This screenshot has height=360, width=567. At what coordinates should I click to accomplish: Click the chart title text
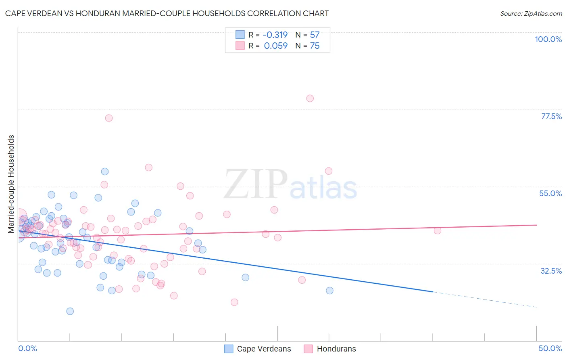click(x=167, y=13)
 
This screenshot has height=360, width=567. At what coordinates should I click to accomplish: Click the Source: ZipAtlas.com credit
click(x=531, y=13)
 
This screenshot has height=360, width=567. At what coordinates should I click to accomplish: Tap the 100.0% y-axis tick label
click(x=548, y=39)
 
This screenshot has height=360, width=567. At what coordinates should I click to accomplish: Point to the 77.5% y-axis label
click(x=551, y=116)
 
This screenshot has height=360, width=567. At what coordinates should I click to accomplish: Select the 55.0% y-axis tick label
click(x=550, y=193)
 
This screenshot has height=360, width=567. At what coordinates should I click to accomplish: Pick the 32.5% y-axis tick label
click(x=551, y=271)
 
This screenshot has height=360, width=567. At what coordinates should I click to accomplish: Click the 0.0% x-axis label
click(x=27, y=348)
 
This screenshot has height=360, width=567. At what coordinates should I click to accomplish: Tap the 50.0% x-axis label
click(x=550, y=348)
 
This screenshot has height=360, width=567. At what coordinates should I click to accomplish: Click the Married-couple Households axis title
click(x=11, y=184)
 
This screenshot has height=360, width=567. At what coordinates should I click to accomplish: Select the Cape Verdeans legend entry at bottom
click(x=264, y=349)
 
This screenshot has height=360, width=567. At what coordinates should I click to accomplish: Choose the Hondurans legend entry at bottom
click(x=336, y=349)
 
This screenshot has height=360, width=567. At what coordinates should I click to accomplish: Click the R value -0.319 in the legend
click(x=275, y=35)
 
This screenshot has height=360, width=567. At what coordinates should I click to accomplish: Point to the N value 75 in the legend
click(x=315, y=46)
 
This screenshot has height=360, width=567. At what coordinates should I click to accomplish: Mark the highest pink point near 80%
click(x=310, y=98)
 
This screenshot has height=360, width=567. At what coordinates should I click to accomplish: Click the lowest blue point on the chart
click(x=70, y=311)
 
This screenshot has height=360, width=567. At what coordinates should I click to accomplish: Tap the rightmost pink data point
click(x=438, y=230)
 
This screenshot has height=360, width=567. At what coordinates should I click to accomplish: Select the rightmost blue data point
click(x=329, y=291)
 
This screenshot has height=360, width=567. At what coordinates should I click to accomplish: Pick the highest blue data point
click(x=105, y=172)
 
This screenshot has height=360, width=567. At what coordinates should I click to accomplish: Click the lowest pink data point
click(x=234, y=302)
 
